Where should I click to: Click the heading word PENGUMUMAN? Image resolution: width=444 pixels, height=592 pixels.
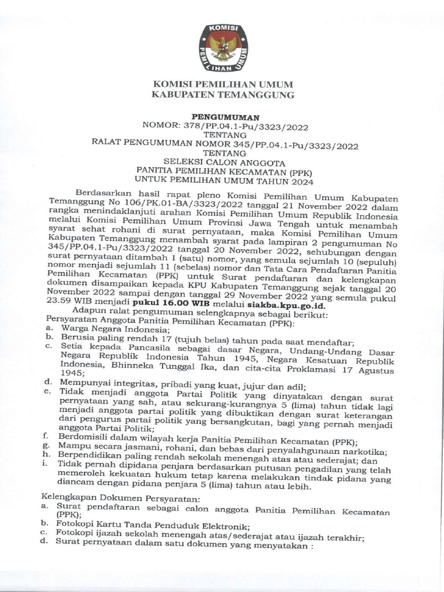[223, 117]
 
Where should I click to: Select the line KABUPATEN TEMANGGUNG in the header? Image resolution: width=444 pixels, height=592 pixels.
[223, 94]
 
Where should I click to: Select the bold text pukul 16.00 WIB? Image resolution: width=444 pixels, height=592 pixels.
[164, 305]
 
